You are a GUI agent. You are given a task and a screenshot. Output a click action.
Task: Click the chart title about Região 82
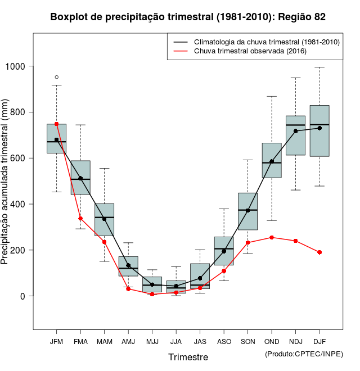(x=188, y=17)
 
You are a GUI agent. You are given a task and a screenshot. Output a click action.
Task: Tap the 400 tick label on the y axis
(x=20, y=204)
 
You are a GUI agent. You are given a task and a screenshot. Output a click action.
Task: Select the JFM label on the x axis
(x=56, y=342)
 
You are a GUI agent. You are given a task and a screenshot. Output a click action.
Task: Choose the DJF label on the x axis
(x=319, y=342)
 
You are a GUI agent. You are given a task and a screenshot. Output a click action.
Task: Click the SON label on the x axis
(x=247, y=342)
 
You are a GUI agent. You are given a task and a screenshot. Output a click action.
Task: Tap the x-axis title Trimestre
(x=188, y=357)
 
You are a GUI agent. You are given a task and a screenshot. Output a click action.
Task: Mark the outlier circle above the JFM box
(x=56, y=77)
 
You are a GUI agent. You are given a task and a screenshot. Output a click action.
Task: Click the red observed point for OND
(x=272, y=237)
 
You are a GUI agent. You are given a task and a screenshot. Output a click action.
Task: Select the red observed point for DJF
(x=319, y=252)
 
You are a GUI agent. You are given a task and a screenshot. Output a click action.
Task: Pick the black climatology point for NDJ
(x=295, y=131)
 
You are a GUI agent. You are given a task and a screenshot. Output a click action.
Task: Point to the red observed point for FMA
(x=80, y=218)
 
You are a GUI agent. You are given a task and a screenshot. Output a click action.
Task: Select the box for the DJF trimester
(x=319, y=130)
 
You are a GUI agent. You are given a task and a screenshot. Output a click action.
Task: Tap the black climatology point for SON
(x=247, y=211)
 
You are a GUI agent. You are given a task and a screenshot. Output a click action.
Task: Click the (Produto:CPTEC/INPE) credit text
(x=304, y=354)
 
